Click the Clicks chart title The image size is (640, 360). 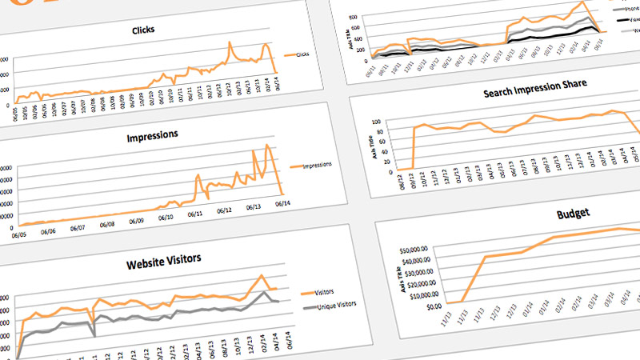145,30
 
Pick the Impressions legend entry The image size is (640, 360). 311,166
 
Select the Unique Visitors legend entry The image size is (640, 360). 330,305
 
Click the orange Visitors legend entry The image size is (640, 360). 320,292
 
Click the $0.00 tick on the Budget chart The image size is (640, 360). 434,306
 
